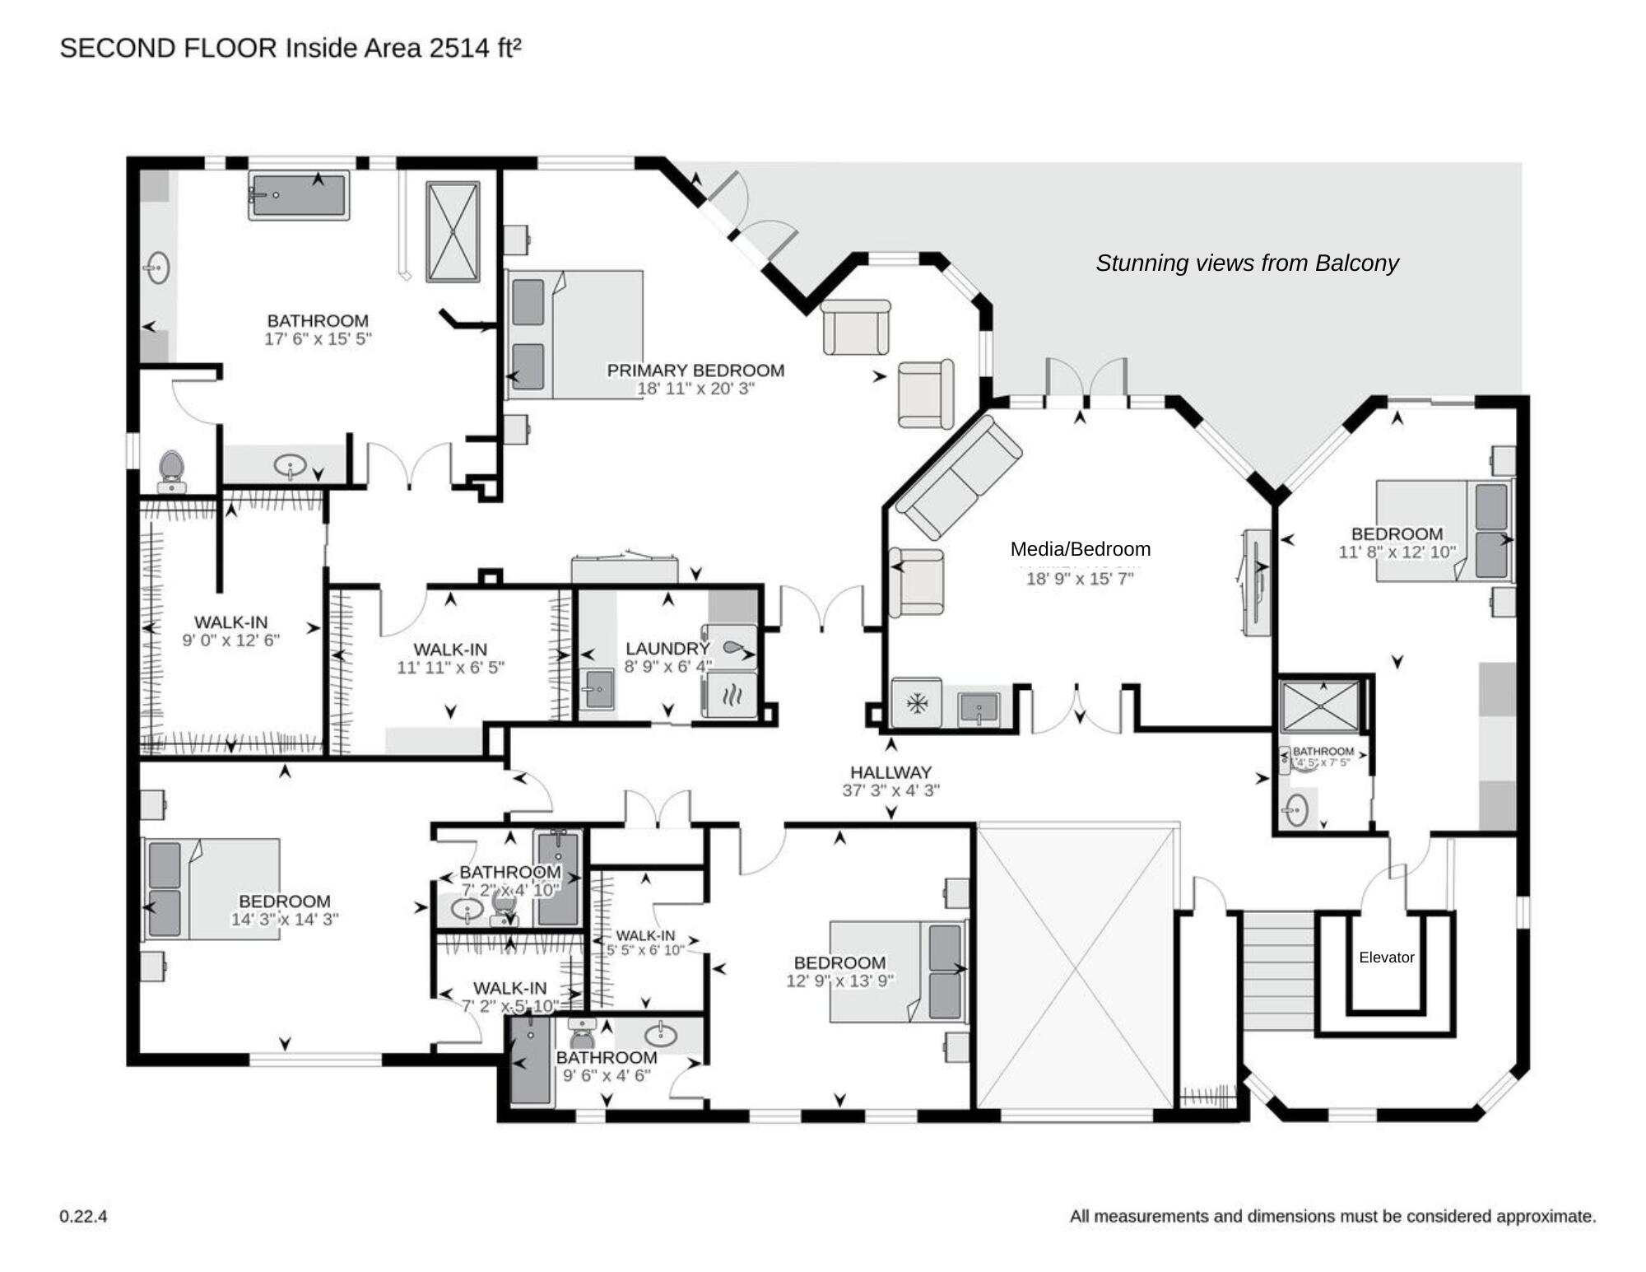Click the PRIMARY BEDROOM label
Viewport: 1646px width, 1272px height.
point(695,370)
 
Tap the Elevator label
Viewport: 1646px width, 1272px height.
point(1386,957)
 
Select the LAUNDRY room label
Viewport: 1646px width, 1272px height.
point(667,649)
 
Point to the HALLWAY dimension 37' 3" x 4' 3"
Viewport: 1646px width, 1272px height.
point(890,790)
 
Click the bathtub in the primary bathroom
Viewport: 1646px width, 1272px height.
point(299,195)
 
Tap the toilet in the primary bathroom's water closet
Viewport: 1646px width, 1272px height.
point(171,469)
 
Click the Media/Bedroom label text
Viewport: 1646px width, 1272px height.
point(1080,549)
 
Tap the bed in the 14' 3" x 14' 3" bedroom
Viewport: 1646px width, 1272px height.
point(212,889)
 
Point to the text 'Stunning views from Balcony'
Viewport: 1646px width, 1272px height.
point(1247,263)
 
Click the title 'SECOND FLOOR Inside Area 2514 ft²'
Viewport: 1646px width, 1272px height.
point(290,49)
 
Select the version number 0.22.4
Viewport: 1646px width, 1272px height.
point(83,1216)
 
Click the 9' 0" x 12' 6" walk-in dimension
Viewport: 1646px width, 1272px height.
point(230,641)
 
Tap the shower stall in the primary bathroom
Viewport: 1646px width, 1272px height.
point(452,232)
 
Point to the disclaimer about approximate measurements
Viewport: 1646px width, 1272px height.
point(1332,1216)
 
